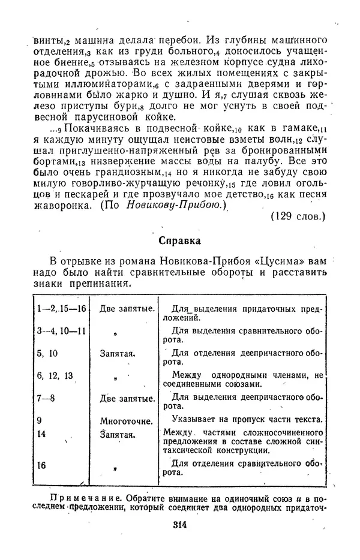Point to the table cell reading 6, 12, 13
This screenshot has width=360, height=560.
pyautogui.click(x=56, y=375)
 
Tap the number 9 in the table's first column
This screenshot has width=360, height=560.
pyautogui.click(x=40, y=420)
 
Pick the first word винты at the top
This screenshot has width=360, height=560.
pyautogui.click(x=47, y=41)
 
